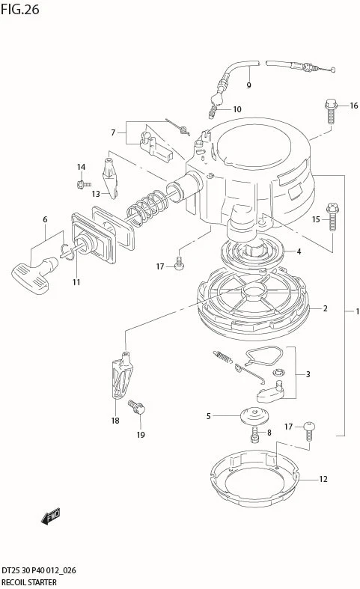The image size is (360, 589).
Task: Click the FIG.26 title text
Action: point(20,10)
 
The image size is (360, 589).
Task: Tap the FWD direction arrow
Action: point(50,516)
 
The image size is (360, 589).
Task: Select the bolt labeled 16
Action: point(330,111)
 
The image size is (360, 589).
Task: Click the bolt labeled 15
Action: point(333,217)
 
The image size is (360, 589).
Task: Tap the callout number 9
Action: point(248,85)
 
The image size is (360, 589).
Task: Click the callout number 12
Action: point(323,479)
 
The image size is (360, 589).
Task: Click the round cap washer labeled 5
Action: point(254,416)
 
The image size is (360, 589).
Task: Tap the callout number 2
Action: point(325,308)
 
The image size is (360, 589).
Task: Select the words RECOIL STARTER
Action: point(29,582)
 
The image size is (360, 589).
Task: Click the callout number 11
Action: point(76,281)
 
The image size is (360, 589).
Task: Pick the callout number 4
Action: point(299,251)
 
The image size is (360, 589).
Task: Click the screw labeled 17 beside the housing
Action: point(180,263)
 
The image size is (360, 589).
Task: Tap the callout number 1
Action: point(357,311)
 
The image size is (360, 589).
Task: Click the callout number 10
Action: point(237,109)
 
